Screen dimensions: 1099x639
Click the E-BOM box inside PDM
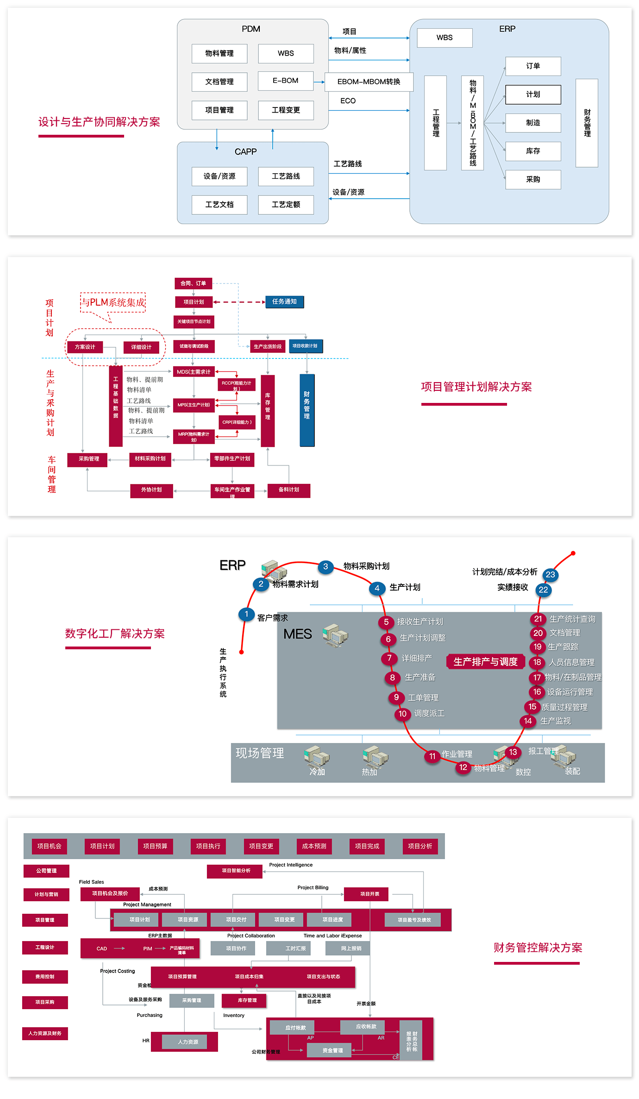(x=286, y=81)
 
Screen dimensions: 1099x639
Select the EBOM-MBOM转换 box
(x=369, y=82)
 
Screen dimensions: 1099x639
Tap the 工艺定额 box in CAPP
(x=286, y=205)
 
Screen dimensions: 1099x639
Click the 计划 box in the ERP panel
(x=533, y=94)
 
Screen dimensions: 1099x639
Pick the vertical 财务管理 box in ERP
(x=587, y=123)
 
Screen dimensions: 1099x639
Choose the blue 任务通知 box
(x=284, y=302)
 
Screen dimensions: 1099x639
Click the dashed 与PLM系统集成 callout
(x=113, y=302)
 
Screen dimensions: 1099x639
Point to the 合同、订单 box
(x=193, y=283)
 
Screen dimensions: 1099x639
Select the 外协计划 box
(x=151, y=490)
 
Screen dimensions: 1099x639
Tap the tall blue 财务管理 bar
(x=307, y=410)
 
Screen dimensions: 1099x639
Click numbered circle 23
(x=550, y=575)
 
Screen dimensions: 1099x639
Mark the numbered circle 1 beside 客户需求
(x=246, y=614)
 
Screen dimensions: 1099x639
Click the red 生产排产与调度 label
(x=485, y=662)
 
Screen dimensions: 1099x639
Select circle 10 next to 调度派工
(x=402, y=714)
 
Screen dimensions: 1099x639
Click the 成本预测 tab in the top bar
(x=314, y=846)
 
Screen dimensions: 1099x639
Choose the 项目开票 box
(x=370, y=894)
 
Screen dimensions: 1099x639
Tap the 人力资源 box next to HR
(x=188, y=1042)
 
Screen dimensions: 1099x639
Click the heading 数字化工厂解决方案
(x=115, y=634)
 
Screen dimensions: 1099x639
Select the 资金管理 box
(x=332, y=1050)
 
